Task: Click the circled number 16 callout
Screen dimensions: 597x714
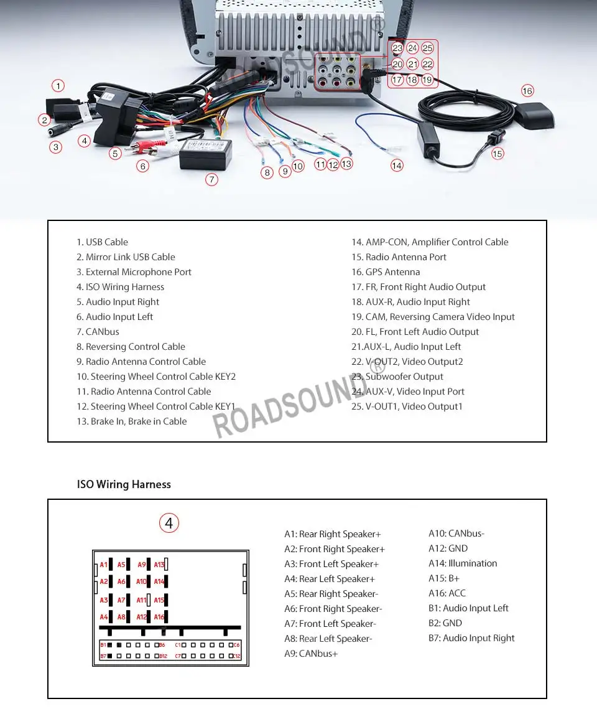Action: (x=527, y=91)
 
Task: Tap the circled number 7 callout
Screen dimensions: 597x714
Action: (x=212, y=179)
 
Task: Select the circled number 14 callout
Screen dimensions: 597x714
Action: (x=397, y=166)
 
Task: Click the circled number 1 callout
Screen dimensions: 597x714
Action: (x=58, y=86)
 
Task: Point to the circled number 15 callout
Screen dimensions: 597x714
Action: (x=497, y=153)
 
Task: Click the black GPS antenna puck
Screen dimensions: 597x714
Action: (x=533, y=116)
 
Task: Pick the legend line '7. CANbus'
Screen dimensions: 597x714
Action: (x=98, y=332)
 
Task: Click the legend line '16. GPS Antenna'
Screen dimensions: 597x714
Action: (x=386, y=272)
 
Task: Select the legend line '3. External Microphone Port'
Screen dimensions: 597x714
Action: (x=134, y=272)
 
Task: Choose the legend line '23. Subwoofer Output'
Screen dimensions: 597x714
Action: (x=397, y=377)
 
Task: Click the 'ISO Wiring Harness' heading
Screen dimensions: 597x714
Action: (x=124, y=484)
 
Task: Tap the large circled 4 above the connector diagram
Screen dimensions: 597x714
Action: (x=169, y=524)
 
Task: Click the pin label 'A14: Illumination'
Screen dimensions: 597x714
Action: (x=463, y=563)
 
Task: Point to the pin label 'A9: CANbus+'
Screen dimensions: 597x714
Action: (x=311, y=654)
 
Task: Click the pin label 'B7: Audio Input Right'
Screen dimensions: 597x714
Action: (x=471, y=638)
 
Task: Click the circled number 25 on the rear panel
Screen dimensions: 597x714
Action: (x=427, y=48)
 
